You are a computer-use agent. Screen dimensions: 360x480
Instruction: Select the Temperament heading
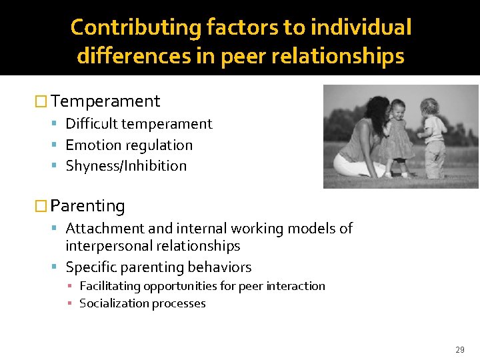pos(105,101)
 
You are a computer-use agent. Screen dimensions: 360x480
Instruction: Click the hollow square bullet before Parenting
pos(41,206)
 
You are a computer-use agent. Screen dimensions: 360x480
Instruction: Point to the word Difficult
pos(88,124)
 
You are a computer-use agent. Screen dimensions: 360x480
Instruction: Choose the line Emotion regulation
pos(129,145)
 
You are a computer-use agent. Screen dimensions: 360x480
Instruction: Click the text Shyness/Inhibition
pos(126,166)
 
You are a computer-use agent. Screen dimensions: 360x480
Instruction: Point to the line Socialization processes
pos(142,303)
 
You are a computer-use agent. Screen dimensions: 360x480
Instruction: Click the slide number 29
pos(460,349)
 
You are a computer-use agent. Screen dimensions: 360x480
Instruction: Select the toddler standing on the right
pos(433,137)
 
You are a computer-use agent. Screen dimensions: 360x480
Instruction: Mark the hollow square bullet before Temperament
pos(41,101)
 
